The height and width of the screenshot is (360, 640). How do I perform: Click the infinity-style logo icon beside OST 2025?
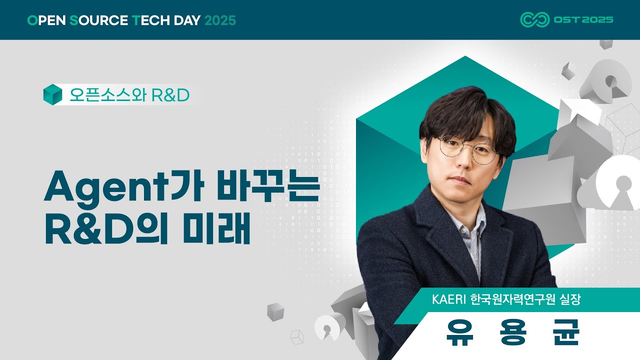coord(534,19)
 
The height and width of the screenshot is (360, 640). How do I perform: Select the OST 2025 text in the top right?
coord(583,20)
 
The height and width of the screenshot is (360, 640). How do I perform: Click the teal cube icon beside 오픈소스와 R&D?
coord(52,94)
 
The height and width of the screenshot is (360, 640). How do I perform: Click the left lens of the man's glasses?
coord(451,147)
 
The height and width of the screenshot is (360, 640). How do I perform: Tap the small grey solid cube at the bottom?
coord(275,311)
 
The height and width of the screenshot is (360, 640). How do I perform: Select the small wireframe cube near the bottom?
coord(297,337)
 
